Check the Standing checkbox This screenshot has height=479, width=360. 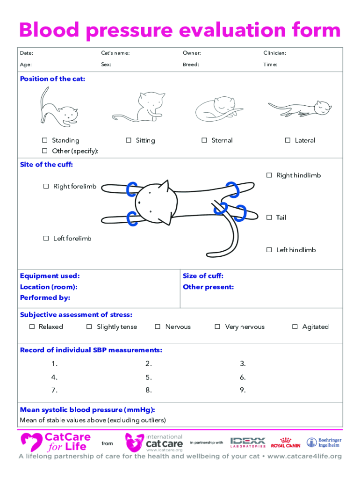click(45, 140)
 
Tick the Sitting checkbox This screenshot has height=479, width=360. click(129, 140)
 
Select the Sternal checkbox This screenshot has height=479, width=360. click(204, 140)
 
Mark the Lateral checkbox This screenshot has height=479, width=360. click(288, 140)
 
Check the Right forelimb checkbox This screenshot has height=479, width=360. click(46, 187)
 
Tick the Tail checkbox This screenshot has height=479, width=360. click(269, 218)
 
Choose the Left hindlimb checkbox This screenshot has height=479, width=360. click(269, 250)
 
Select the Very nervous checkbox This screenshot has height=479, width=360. click(217, 327)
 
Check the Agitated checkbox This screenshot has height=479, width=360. click(295, 327)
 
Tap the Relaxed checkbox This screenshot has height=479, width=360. click(32, 327)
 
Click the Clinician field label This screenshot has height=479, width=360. click(274, 53)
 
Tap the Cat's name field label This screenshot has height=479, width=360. click(115, 53)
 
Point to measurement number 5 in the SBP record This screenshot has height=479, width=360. click(148, 377)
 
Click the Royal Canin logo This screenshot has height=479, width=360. click(286, 443)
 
